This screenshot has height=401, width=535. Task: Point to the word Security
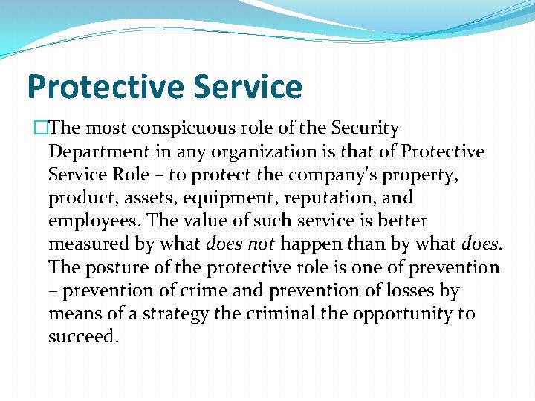[x=366, y=129]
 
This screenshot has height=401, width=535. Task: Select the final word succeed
[x=82, y=337]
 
